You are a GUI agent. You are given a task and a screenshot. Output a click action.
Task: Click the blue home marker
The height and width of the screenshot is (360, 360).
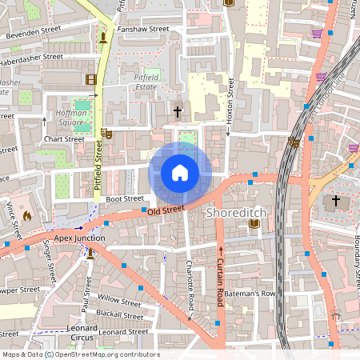coord(180,173)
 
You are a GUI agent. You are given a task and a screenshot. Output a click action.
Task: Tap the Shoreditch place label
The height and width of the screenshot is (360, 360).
coord(236,214)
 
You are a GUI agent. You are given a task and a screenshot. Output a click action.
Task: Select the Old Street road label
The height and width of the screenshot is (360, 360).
coord(166,210)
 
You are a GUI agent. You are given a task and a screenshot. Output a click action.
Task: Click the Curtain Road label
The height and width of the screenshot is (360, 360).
coord(220,277)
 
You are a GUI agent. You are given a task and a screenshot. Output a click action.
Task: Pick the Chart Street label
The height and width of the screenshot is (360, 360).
coord(64,139)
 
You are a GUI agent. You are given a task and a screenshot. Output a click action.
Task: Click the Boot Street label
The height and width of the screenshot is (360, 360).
coord(125,198)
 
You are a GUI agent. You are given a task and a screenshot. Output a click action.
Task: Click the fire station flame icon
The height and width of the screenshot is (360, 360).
coord(26,215)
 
